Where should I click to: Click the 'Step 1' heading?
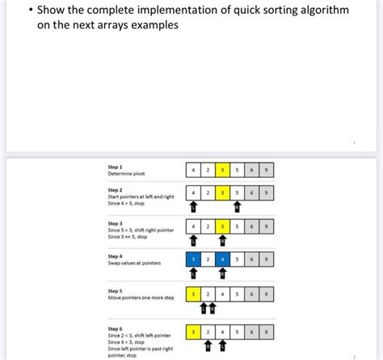click(116, 166)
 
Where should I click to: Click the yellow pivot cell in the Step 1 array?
click(223, 170)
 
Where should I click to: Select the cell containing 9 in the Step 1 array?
click(267, 170)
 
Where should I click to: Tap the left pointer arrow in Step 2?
click(193, 208)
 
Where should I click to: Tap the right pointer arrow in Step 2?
click(237, 208)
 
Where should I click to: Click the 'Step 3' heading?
click(116, 222)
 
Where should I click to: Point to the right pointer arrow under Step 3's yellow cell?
click(223, 240)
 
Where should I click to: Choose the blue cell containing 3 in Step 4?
click(194, 260)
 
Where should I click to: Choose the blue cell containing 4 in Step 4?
click(223, 260)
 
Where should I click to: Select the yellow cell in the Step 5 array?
click(194, 294)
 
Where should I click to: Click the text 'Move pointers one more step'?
click(142, 298)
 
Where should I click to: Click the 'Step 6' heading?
click(116, 328)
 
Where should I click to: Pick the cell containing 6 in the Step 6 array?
click(252, 332)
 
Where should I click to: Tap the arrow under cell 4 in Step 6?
click(223, 346)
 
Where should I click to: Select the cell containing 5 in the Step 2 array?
click(238, 193)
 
